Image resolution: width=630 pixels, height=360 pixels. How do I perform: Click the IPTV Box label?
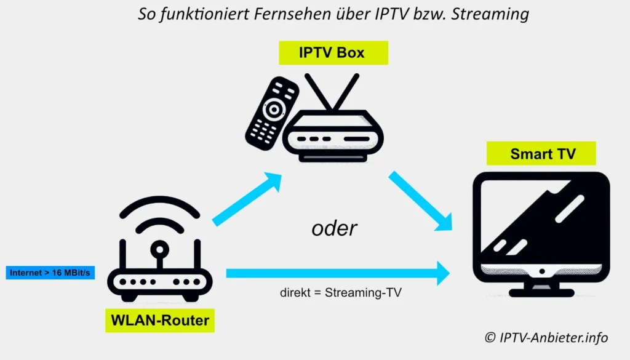[x=333, y=53]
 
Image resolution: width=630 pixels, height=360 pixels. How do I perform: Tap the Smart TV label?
[x=541, y=153]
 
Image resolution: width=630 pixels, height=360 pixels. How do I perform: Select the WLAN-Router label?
[x=159, y=320]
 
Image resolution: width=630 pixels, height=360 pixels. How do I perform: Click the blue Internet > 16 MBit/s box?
[x=50, y=272]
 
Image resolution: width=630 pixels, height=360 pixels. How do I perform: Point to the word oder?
[x=334, y=228]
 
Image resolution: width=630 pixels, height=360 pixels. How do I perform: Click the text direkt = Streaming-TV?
[x=340, y=293]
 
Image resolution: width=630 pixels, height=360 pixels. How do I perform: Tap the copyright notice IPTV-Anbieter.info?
[x=546, y=337]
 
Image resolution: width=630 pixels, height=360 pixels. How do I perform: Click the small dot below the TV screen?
[x=542, y=271]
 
